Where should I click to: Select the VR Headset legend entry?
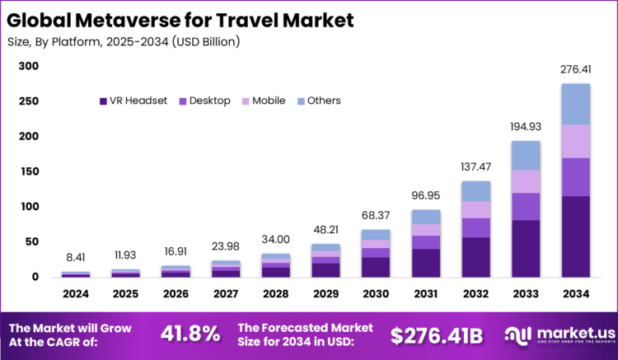point(133,101)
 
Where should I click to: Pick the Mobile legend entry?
point(263,101)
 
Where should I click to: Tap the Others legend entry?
point(318,101)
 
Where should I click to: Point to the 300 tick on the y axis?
point(29,67)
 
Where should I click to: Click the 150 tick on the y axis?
point(29,171)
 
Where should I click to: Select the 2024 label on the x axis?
point(76,292)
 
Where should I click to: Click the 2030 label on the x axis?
point(375,292)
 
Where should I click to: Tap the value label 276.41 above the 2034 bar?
point(576,72)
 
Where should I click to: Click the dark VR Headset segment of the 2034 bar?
point(576,236)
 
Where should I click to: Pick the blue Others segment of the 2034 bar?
point(576,104)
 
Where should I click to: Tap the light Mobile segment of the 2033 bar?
point(526,181)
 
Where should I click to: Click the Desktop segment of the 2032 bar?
point(475,227)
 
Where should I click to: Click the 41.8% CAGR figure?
point(190,334)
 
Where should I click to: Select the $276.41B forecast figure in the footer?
point(436,334)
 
